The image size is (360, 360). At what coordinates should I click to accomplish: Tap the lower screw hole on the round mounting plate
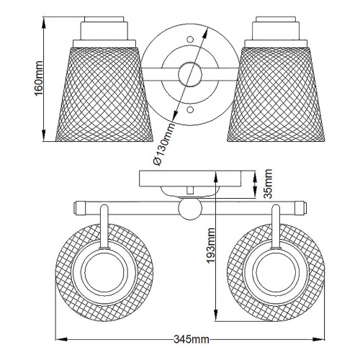point(190,110)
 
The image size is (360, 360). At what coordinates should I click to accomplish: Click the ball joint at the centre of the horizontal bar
point(189,210)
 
